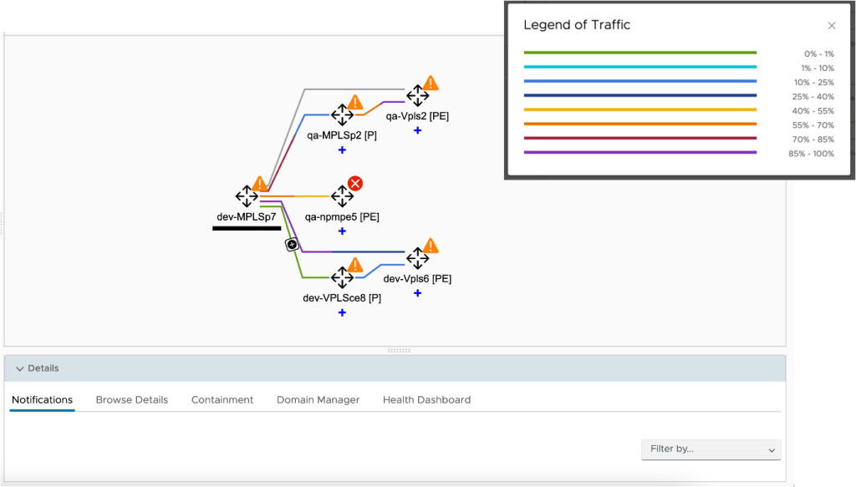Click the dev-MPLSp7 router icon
247,196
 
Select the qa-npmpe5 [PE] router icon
342,196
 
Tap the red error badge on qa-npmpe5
355,183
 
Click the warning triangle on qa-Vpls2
431,83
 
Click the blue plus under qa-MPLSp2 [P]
342,150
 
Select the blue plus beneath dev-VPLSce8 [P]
342,312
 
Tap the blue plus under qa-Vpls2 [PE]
417,130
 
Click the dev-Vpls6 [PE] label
417,279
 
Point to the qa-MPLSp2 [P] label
342,135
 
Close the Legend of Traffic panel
831,26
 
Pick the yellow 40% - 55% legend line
639,109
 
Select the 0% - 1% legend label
818,53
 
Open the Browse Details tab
132,400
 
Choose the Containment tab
222,400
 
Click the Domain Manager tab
318,400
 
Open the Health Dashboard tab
426,400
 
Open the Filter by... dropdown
711,449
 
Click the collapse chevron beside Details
19,368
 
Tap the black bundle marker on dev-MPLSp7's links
292,244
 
